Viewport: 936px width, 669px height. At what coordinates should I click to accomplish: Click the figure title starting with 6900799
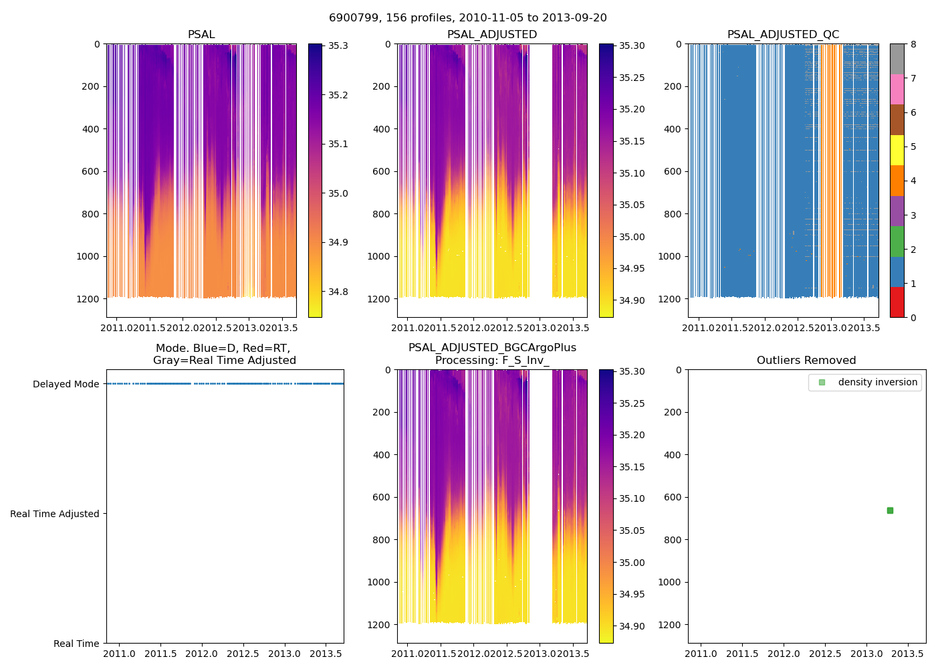(x=467, y=18)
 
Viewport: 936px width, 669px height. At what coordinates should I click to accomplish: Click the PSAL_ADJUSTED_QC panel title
(x=783, y=35)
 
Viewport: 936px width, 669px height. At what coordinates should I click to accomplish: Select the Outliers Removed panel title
(x=806, y=361)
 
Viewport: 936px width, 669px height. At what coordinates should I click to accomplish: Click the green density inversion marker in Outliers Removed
(x=890, y=510)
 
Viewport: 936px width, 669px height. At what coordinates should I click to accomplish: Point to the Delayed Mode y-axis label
(x=66, y=384)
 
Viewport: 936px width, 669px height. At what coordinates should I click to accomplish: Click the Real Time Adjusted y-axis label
(x=55, y=514)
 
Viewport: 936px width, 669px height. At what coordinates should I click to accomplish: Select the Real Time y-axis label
(x=76, y=644)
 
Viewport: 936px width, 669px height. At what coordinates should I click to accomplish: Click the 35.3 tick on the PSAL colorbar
(x=338, y=46)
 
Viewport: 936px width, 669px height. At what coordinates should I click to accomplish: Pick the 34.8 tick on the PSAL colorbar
(x=338, y=292)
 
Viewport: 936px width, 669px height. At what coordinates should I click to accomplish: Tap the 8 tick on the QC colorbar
(x=913, y=44)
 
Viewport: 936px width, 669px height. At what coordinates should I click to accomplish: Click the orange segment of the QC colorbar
(x=897, y=181)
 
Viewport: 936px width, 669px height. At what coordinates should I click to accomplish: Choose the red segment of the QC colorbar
(x=897, y=302)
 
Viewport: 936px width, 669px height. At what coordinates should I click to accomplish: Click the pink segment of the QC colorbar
(x=897, y=89)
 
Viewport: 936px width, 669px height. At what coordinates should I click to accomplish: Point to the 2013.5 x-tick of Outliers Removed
(x=908, y=654)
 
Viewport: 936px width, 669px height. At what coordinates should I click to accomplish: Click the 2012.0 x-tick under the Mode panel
(x=201, y=654)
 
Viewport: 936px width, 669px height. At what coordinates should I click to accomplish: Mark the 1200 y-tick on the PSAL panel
(x=88, y=299)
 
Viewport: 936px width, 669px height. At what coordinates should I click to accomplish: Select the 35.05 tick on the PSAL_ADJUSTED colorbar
(x=632, y=205)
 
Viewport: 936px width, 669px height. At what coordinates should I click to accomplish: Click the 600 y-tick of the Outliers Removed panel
(x=673, y=497)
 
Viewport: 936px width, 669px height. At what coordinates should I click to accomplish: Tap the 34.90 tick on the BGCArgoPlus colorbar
(x=632, y=626)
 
